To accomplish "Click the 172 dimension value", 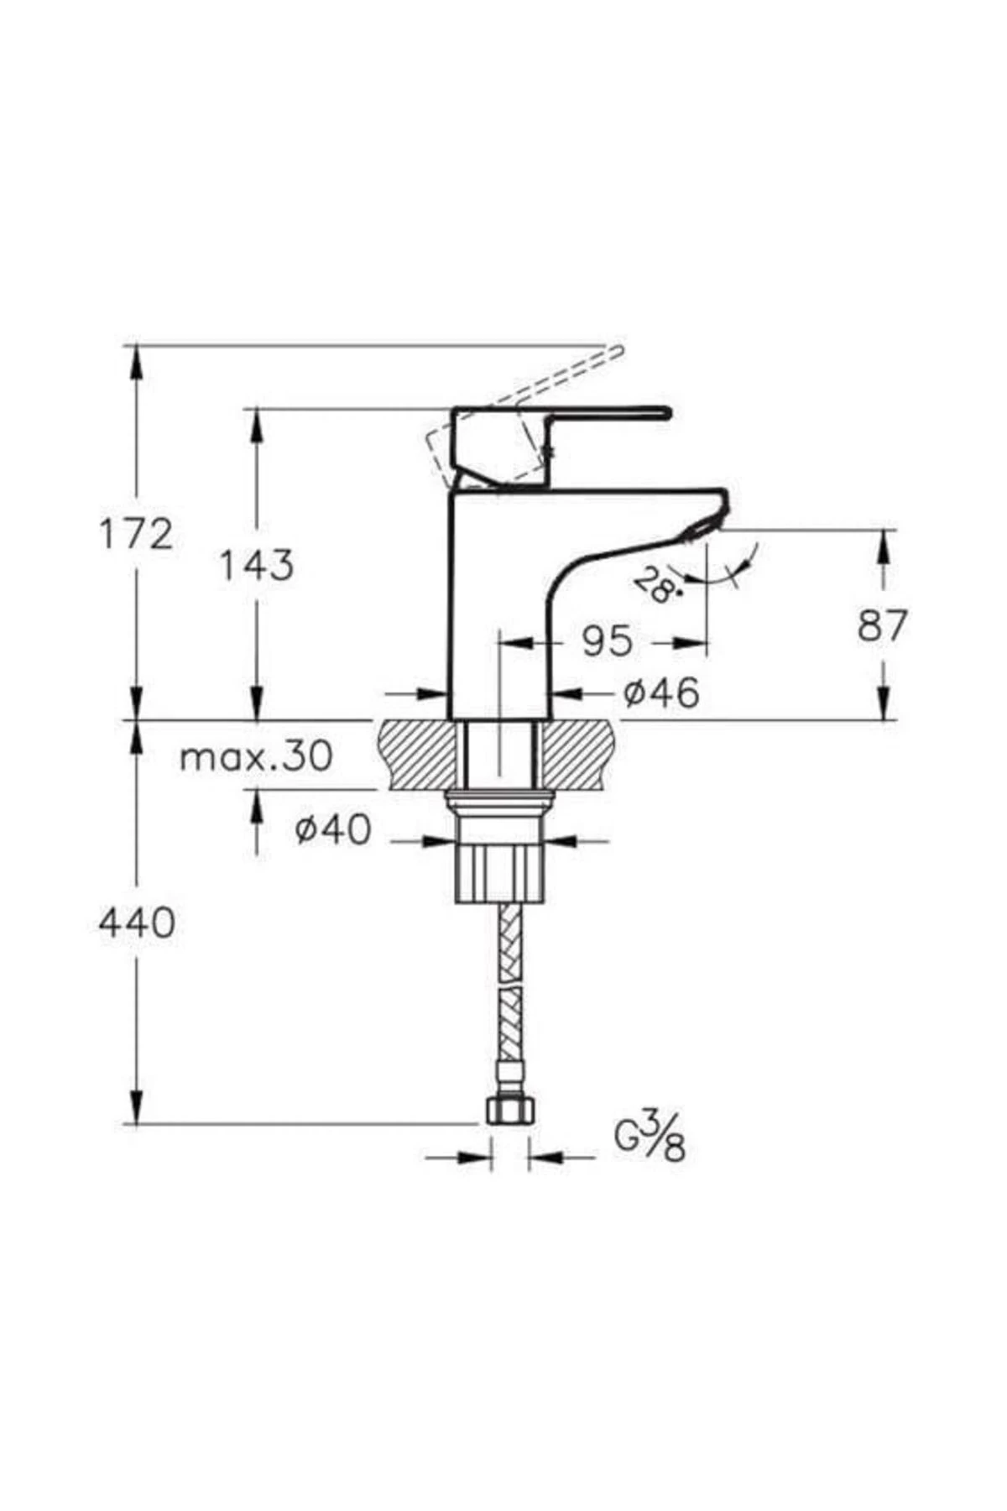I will [x=137, y=534].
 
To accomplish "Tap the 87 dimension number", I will [x=883, y=625].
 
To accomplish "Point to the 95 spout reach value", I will [x=607, y=642].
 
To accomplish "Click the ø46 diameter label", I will [x=661, y=693].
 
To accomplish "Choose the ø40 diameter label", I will [x=332, y=830].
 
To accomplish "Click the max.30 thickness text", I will [x=257, y=757].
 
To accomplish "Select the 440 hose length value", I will [x=137, y=923].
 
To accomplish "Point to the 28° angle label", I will [x=655, y=585].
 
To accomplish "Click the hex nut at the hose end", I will [x=509, y=1112].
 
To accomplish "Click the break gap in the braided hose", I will [x=509, y=987].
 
